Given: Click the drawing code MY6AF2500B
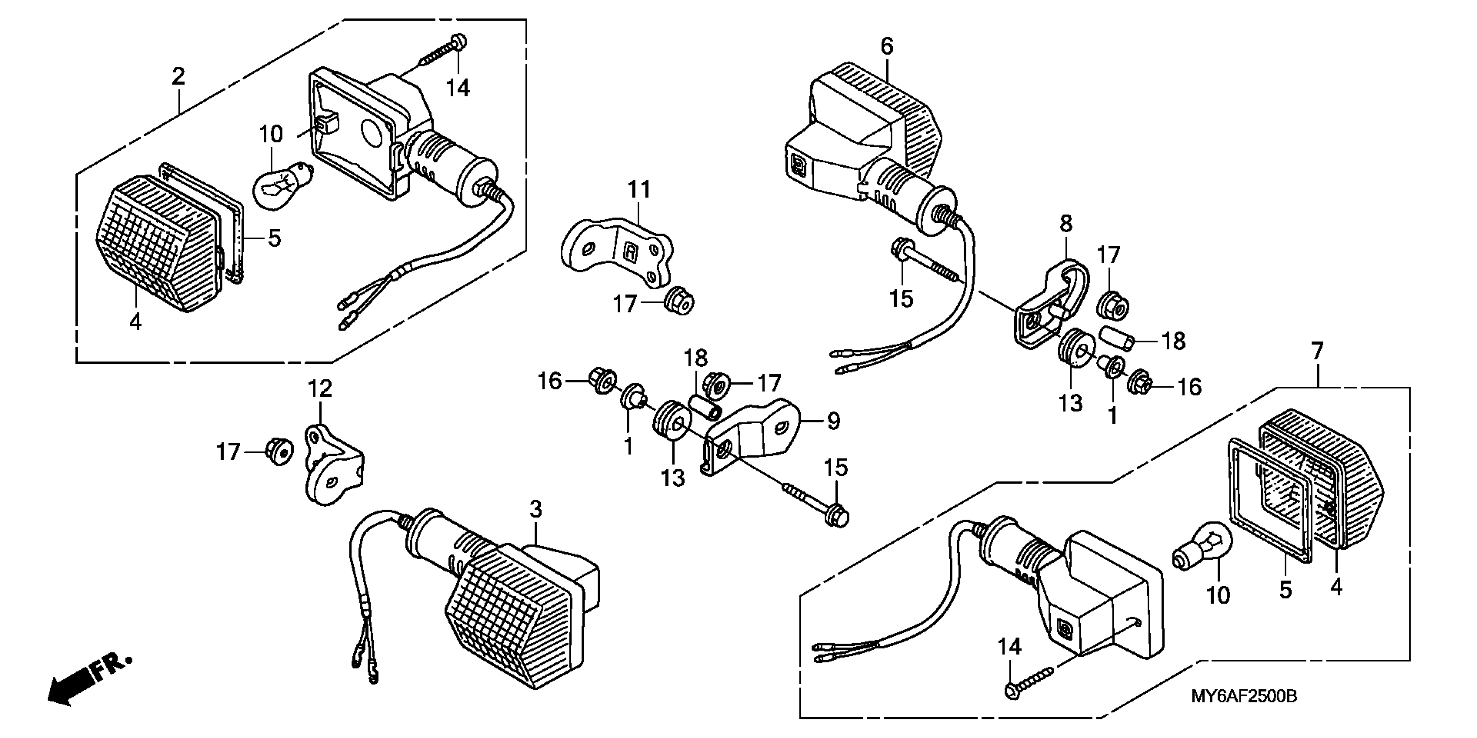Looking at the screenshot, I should pyautogui.click(x=1243, y=696).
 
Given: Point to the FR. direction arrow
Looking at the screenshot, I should pyautogui.click(x=86, y=682).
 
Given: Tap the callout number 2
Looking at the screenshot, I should pyautogui.click(x=178, y=76).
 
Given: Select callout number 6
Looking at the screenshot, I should pyautogui.click(x=886, y=46).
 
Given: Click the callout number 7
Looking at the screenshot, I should pyautogui.click(x=1317, y=351).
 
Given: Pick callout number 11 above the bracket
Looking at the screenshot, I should pyautogui.click(x=639, y=190).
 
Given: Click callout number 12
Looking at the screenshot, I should pyautogui.click(x=320, y=389).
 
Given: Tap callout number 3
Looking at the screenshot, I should pyautogui.click(x=535, y=509).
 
